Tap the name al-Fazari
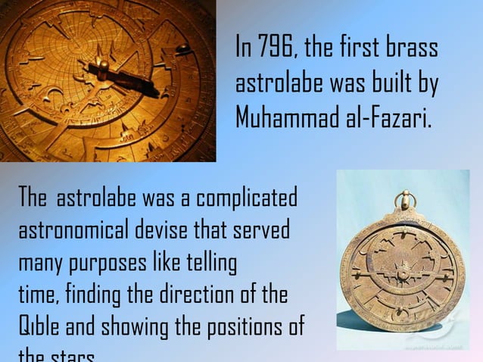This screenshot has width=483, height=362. click(x=388, y=117)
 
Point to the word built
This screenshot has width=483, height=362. click(x=393, y=83)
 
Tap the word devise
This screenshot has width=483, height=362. click(x=172, y=230)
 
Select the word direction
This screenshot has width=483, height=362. click(x=185, y=295)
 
